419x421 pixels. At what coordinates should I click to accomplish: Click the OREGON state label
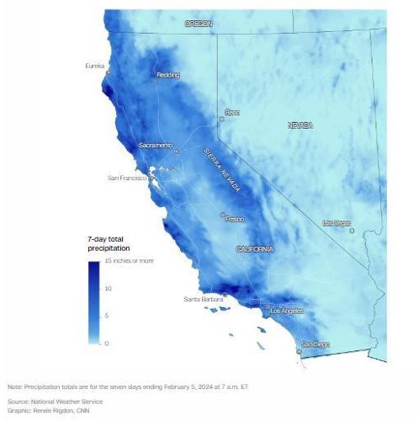click(199, 24)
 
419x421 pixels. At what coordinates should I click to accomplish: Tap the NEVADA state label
click(300, 125)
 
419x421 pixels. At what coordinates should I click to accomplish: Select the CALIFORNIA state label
click(255, 250)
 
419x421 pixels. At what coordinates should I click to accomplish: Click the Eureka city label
click(95, 66)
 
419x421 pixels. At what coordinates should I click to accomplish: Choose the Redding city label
click(168, 75)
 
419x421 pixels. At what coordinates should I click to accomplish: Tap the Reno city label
click(232, 112)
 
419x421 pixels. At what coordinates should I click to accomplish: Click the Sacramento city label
click(155, 146)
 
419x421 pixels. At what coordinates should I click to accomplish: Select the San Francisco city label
click(128, 179)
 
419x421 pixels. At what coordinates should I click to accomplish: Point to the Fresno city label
click(235, 219)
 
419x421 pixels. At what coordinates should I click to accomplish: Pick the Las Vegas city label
click(337, 223)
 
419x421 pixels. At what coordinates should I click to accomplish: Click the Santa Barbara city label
click(204, 299)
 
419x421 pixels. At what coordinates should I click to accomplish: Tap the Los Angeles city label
click(284, 312)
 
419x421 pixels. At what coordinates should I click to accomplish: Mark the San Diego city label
click(316, 344)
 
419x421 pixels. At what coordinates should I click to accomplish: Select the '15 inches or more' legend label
click(129, 261)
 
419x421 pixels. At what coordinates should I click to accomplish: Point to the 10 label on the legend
click(108, 289)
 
